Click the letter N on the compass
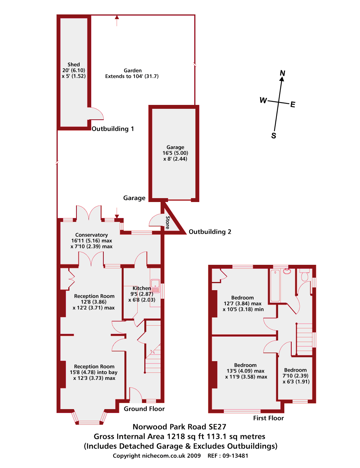(x=283, y=73)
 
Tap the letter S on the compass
(x=274, y=136)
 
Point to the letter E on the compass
(x=293, y=104)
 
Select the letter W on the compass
(x=263, y=101)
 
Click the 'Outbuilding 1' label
(x=113, y=129)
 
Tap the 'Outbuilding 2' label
(x=210, y=232)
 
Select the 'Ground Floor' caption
(x=144, y=409)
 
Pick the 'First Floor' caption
(x=268, y=418)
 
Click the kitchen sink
(x=156, y=286)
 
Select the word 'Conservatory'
(x=92, y=235)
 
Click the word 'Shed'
(x=73, y=65)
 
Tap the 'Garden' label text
(x=133, y=70)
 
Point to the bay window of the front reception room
(x=89, y=421)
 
